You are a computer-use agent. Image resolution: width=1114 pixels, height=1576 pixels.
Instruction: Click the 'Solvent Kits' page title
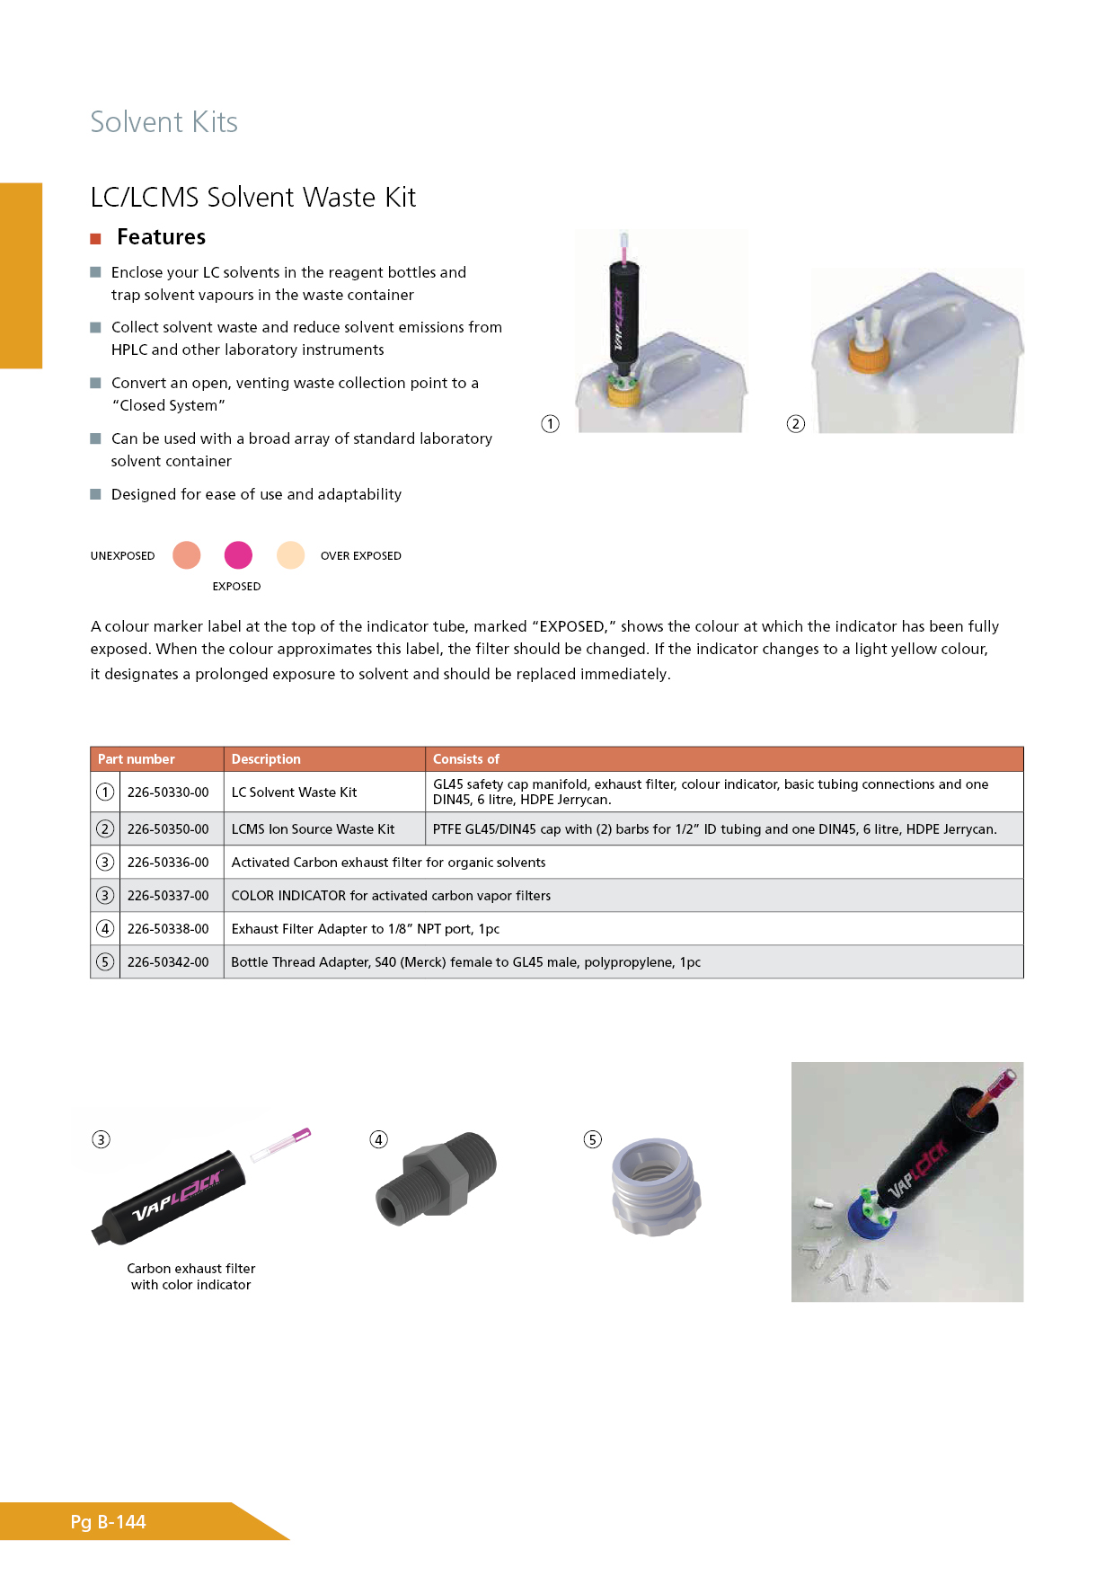[164, 122]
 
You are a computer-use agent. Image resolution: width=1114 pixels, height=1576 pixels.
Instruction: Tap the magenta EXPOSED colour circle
[238, 555]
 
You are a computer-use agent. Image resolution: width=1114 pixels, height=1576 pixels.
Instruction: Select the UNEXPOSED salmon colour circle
[186, 555]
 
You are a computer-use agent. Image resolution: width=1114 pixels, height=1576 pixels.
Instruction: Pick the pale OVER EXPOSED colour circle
[290, 555]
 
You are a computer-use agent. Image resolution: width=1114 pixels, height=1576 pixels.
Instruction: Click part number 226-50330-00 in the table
[168, 792]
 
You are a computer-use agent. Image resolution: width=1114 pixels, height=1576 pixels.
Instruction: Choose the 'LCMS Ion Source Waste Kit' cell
[313, 829]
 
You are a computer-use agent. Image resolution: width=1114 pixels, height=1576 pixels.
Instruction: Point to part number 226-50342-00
[168, 962]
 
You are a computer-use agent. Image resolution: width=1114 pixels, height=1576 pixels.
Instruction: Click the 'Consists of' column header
[466, 759]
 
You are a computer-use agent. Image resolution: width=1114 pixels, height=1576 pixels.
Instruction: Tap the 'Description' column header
[266, 759]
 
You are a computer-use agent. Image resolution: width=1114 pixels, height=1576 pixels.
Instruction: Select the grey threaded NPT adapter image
[437, 1178]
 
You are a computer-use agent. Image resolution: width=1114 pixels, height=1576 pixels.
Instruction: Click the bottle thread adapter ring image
[656, 1187]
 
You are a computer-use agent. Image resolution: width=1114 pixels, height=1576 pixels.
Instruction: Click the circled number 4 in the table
[105, 929]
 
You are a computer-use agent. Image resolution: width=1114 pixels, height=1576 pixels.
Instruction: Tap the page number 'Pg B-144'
[108, 1522]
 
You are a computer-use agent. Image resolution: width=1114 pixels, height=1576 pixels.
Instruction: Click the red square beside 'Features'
[95, 238]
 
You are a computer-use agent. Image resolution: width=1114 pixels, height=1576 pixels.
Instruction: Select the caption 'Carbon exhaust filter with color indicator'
[190, 1276]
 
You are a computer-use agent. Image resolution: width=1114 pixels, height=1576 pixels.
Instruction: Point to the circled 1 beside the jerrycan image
[550, 424]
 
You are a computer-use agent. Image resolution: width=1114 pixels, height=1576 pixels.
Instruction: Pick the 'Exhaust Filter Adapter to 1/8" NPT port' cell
[365, 929]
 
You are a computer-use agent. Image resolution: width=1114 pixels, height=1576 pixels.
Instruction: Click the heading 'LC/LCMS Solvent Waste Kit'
[252, 198]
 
